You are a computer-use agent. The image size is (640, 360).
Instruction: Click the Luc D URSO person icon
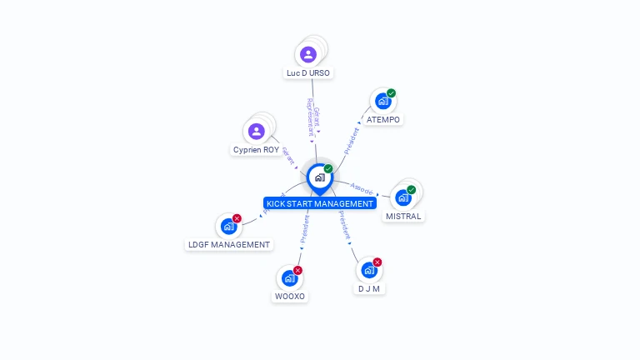pyautogui.click(x=308, y=55)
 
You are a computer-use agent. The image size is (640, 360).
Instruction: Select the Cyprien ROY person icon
pyautogui.click(x=257, y=131)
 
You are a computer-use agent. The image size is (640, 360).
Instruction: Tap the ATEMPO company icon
pyautogui.click(x=382, y=101)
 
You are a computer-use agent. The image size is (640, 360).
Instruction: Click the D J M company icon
pyautogui.click(x=368, y=270)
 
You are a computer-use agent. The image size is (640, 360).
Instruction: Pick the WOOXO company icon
pyautogui.click(x=288, y=277)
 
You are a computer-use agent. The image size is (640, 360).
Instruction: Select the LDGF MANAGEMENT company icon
pyautogui.click(x=227, y=226)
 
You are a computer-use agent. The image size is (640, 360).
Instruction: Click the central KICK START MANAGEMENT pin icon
pyautogui.click(x=318, y=177)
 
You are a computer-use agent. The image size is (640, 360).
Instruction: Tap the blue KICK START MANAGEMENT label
pyautogui.click(x=319, y=203)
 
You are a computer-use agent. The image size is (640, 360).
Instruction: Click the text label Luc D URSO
pyautogui.click(x=308, y=73)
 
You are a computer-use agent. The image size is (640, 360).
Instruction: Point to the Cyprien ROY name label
pyautogui.click(x=257, y=150)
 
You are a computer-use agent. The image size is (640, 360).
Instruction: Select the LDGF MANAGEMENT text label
pyautogui.click(x=228, y=245)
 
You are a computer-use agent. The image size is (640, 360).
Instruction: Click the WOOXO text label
pyautogui.click(x=290, y=297)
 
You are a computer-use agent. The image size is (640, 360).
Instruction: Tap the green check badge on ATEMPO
pyautogui.click(x=391, y=93)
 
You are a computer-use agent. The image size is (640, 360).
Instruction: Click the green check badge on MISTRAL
pyautogui.click(x=411, y=190)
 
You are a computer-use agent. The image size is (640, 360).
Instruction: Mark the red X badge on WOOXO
pyautogui.click(x=297, y=270)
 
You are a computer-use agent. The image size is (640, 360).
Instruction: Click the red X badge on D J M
pyautogui.click(x=377, y=262)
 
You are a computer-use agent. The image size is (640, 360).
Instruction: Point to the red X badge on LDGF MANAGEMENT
pyautogui.click(x=237, y=218)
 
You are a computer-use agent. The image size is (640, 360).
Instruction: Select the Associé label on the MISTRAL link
pyautogui.click(x=362, y=189)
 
